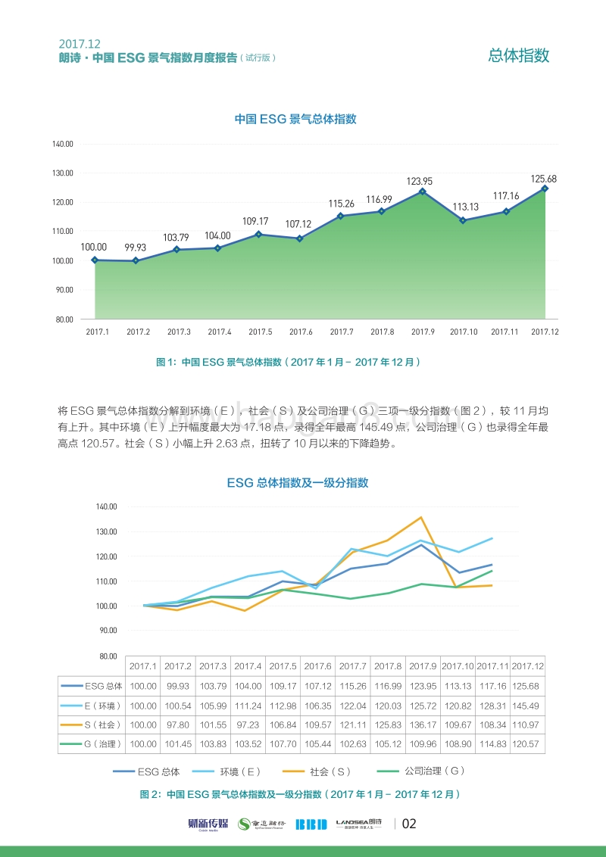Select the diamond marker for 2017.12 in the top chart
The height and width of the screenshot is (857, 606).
click(x=545, y=189)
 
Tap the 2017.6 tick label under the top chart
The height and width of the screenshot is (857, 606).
click(x=301, y=332)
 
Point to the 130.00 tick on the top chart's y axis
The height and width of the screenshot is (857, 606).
click(x=63, y=173)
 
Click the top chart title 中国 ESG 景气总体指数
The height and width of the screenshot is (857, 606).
click(x=295, y=120)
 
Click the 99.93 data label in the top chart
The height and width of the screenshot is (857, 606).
click(x=136, y=248)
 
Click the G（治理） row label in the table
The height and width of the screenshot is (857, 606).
click(x=91, y=744)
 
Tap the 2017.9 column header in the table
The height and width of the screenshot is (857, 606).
click(x=422, y=666)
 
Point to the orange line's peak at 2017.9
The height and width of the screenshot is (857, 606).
click(x=421, y=517)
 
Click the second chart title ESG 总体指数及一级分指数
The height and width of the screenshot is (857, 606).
click(x=297, y=482)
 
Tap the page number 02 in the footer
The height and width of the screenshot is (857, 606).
click(x=409, y=824)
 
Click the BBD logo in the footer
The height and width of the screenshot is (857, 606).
click(x=310, y=824)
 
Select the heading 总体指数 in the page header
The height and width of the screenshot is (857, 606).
click(x=519, y=55)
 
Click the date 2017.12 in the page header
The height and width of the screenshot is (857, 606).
click(x=80, y=44)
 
